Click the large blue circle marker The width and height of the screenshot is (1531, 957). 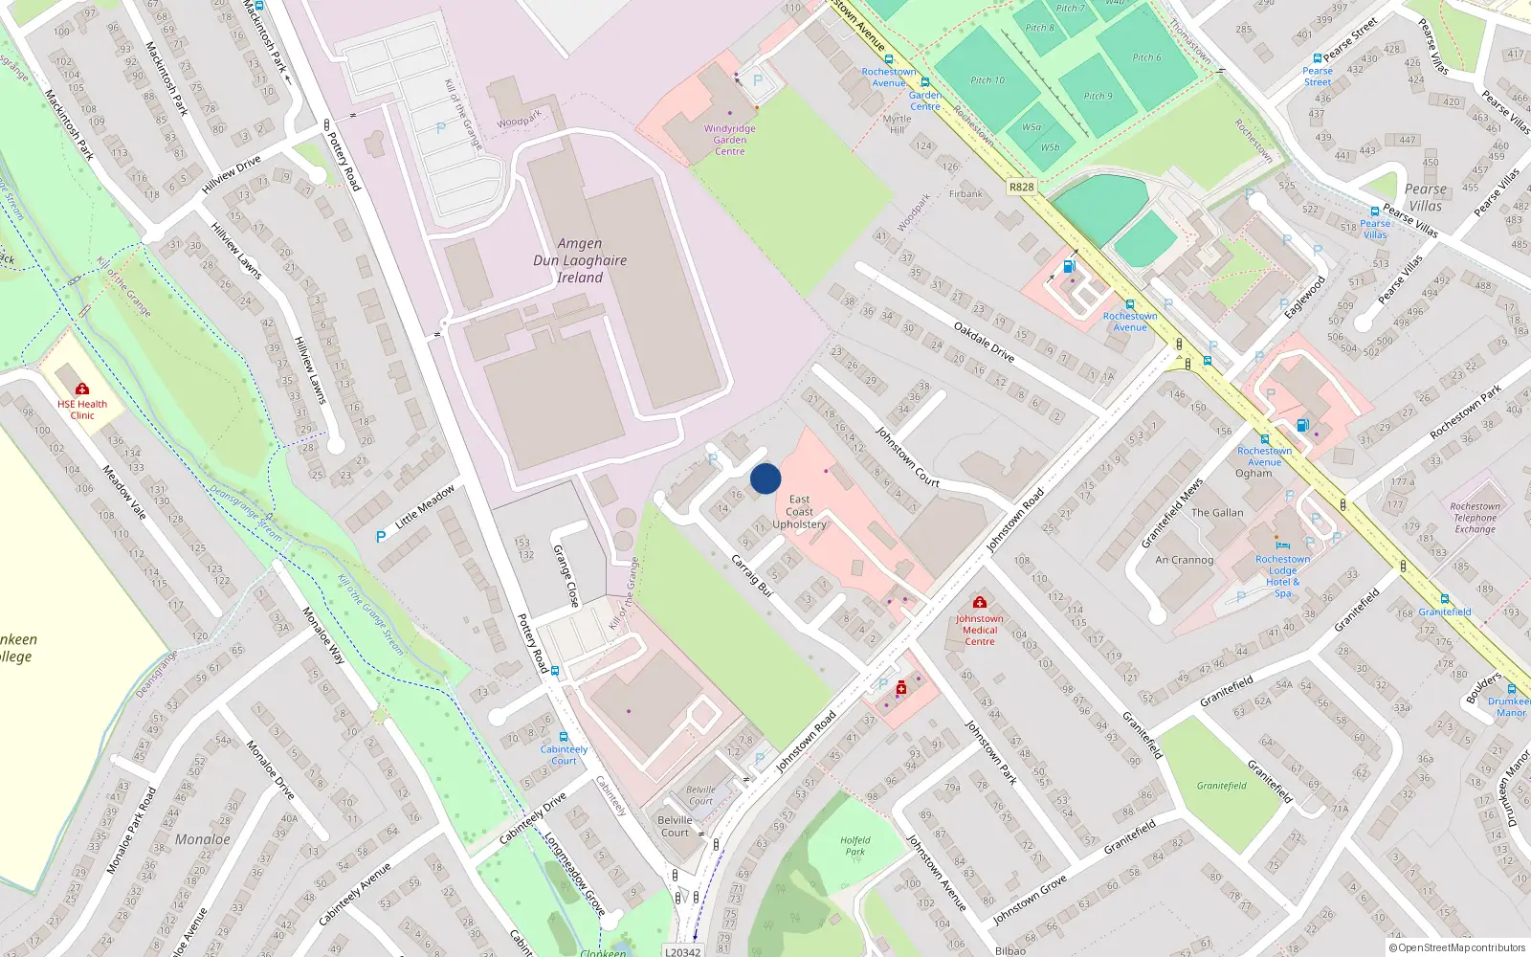[765, 478]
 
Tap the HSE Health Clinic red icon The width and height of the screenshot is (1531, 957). [82, 389]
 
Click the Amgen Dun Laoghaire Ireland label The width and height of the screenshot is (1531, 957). [580, 260]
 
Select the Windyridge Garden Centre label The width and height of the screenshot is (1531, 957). [729, 140]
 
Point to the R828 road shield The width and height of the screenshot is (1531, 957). [1021, 187]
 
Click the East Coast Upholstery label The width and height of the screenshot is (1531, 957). [799, 512]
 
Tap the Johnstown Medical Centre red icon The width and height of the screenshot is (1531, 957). [979, 603]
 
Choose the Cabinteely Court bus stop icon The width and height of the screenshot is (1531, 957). [564, 737]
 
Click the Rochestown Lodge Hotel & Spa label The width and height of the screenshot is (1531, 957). [1282, 576]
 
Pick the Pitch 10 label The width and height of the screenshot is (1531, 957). [987, 80]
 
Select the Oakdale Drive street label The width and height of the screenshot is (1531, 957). [984, 342]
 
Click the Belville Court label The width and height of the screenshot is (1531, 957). [675, 826]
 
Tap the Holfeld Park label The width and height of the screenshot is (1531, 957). [854, 846]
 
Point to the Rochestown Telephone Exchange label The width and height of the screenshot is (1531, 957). [1475, 518]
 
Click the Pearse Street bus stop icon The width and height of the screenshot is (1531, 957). [1318, 58]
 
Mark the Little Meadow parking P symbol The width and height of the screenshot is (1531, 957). [381, 537]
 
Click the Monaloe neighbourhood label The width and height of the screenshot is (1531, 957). [202, 839]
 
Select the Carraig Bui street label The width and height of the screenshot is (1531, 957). [751, 575]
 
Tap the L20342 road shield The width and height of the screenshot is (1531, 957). [683, 951]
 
